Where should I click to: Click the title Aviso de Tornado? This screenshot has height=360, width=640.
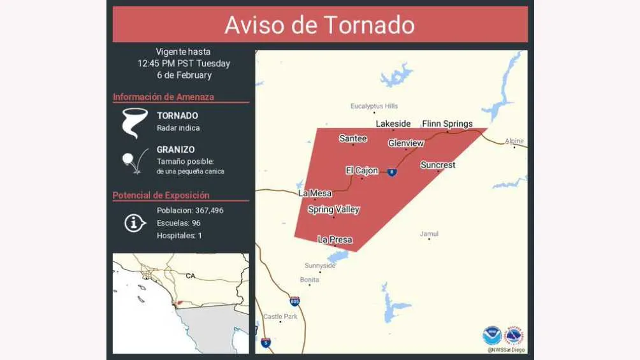(319, 25)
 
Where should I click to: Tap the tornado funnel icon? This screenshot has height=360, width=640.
(135, 123)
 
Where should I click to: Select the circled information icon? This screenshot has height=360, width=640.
(135, 223)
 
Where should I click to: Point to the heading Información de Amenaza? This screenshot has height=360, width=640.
(163, 97)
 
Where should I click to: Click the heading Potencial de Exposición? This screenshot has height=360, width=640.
(161, 195)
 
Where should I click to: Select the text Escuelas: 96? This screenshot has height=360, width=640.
(178, 223)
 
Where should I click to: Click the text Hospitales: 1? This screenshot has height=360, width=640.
(179, 236)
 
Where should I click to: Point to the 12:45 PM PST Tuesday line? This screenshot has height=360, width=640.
(184, 63)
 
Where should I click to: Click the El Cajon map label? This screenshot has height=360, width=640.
(361, 170)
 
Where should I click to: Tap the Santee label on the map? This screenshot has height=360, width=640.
(353, 138)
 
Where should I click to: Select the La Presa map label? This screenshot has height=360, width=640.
(335, 240)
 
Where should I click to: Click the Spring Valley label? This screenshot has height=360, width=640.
(333, 210)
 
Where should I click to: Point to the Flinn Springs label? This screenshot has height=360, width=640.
(447, 124)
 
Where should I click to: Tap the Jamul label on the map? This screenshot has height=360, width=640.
(429, 234)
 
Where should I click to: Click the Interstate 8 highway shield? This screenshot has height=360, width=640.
(392, 172)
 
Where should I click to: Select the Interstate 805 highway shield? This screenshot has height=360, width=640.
(294, 301)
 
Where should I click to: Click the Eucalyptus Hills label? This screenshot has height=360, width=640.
(374, 106)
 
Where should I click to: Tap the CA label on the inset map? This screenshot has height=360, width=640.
(190, 276)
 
